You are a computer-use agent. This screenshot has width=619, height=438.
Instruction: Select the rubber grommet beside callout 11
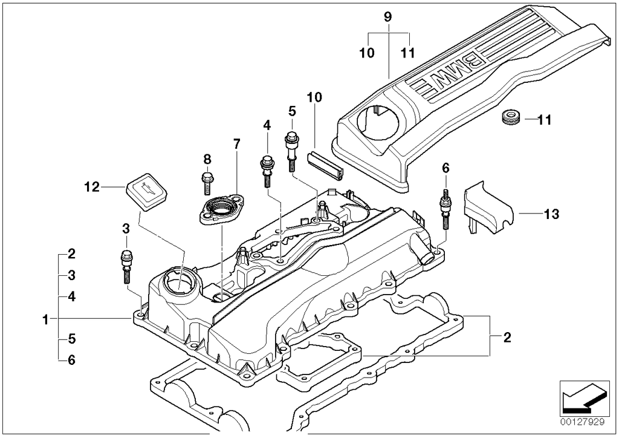pyautogui.click(x=512, y=118)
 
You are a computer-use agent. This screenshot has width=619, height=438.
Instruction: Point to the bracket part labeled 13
pyautogui.click(x=487, y=209)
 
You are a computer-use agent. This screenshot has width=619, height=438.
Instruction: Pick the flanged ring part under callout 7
pyautogui.click(x=220, y=211)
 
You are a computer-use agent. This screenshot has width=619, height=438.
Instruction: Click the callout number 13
pyautogui.click(x=551, y=214)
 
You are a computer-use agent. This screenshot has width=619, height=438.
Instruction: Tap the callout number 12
pyautogui.click(x=91, y=188)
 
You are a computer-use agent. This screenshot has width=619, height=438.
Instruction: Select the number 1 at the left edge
pyautogui.click(x=45, y=318)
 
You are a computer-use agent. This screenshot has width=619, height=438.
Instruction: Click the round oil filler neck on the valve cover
pyautogui.click(x=179, y=282)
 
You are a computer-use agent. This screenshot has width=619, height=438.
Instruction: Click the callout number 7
pyautogui.click(x=236, y=144)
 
